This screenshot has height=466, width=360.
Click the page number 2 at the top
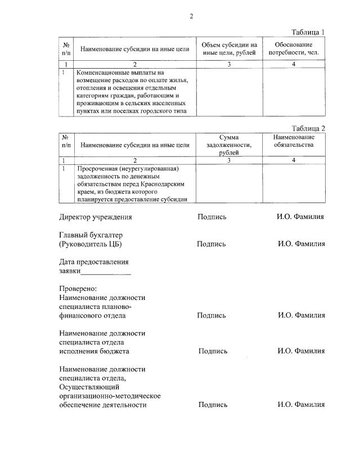point(191,16)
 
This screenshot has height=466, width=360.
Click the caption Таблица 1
point(308,32)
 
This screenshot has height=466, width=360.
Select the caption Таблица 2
point(308,128)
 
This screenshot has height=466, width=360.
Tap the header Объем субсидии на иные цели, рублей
point(229,48)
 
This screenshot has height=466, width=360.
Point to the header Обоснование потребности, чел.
point(294,48)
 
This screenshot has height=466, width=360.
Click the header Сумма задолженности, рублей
point(229,145)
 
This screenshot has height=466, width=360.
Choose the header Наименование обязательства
point(294,141)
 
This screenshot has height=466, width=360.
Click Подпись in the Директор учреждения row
point(212,217)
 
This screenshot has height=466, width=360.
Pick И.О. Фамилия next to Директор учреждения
point(300,217)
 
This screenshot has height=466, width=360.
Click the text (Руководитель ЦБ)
point(90,244)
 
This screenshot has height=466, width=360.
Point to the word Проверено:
point(78,289)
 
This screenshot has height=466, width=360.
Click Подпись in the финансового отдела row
point(211,316)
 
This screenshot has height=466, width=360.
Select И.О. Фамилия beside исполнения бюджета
point(301,351)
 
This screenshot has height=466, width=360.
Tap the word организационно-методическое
point(110,396)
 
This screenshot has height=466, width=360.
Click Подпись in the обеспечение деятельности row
point(213,405)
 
